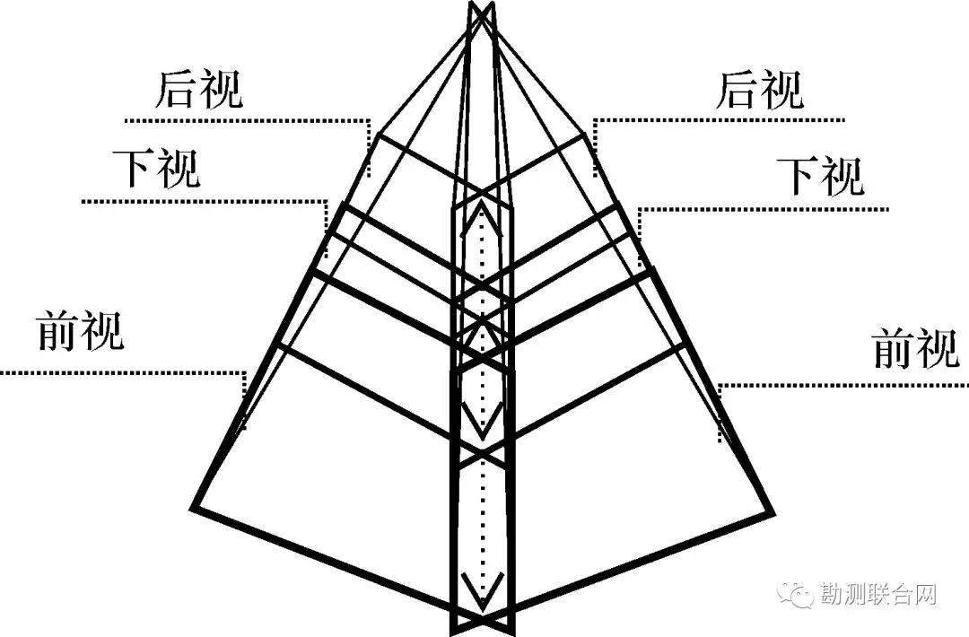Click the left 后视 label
tap(199, 90)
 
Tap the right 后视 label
tap(760, 90)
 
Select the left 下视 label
tap(156, 169)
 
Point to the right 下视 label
tap(819, 177)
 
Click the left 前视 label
tap(81, 330)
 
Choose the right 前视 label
tap(916, 348)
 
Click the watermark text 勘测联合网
tap(878, 594)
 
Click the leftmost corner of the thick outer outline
tap(193, 509)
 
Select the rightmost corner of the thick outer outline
tap(773, 513)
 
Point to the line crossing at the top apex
tap(482, 13)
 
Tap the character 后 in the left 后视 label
tap(176, 90)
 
